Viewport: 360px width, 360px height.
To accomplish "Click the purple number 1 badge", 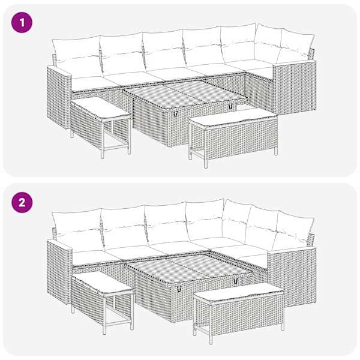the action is click(22, 22).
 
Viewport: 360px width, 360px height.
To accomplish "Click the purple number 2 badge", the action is click(22, 203).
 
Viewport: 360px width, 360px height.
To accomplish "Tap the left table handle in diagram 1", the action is click(176, 113).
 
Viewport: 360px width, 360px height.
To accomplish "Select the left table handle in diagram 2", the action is click(179, 289).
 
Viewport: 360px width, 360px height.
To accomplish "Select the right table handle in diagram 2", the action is click(235, 281).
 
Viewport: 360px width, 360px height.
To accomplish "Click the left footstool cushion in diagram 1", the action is click(101, 108).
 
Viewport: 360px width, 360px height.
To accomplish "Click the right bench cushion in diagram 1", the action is click(233, 118).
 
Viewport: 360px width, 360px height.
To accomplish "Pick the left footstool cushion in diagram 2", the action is click(103, 283).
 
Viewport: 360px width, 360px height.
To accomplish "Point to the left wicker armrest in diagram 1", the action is click(59, 97).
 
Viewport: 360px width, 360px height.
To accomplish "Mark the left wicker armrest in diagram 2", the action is click(59, 272).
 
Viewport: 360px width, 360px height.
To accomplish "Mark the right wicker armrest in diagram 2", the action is click(292, 275).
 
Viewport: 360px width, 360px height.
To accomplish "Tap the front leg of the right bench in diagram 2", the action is click(211, 337).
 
